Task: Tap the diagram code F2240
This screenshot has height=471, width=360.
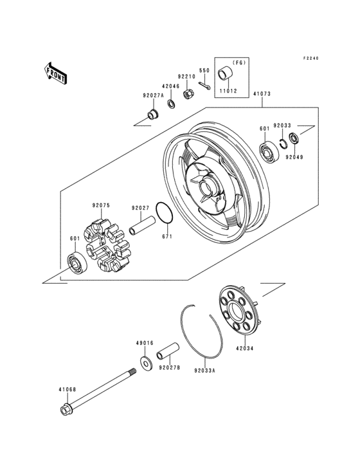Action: (311, 59)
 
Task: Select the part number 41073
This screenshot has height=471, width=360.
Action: (261, 94)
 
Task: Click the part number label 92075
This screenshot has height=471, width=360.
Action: (101, 207)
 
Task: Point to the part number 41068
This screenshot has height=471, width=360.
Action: (67, 389)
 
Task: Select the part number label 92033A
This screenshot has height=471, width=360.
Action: (204, 370)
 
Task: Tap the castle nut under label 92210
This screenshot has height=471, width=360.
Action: (189, 95)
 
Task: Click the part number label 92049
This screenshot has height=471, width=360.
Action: (294, 156)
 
